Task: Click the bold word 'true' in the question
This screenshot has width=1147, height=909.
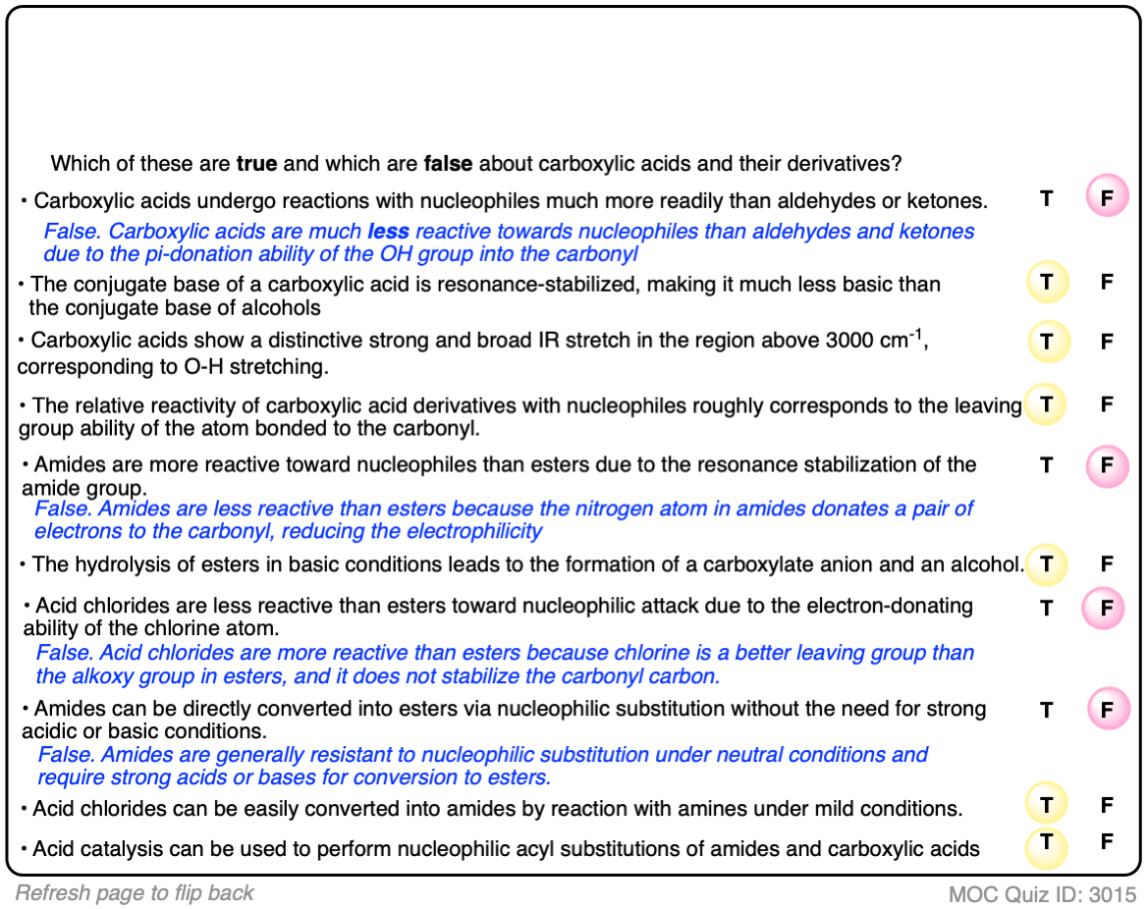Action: [257, 163]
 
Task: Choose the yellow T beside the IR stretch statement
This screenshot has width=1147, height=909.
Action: [1047, 342]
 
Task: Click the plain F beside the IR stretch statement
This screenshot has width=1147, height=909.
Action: [1107, 342]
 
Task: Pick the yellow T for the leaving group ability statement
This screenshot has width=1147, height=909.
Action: [1047, 404]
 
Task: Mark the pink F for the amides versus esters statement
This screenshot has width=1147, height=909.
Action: [1107, 465]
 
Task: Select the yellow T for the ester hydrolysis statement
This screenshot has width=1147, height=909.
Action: [1047, 564]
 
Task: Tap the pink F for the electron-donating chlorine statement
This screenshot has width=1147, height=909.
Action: [1105, 609]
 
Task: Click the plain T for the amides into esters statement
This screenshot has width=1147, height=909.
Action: [1047, 710]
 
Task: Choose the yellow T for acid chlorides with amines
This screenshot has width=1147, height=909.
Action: [1047, 806]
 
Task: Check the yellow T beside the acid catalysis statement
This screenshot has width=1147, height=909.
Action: [1047, 842]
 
